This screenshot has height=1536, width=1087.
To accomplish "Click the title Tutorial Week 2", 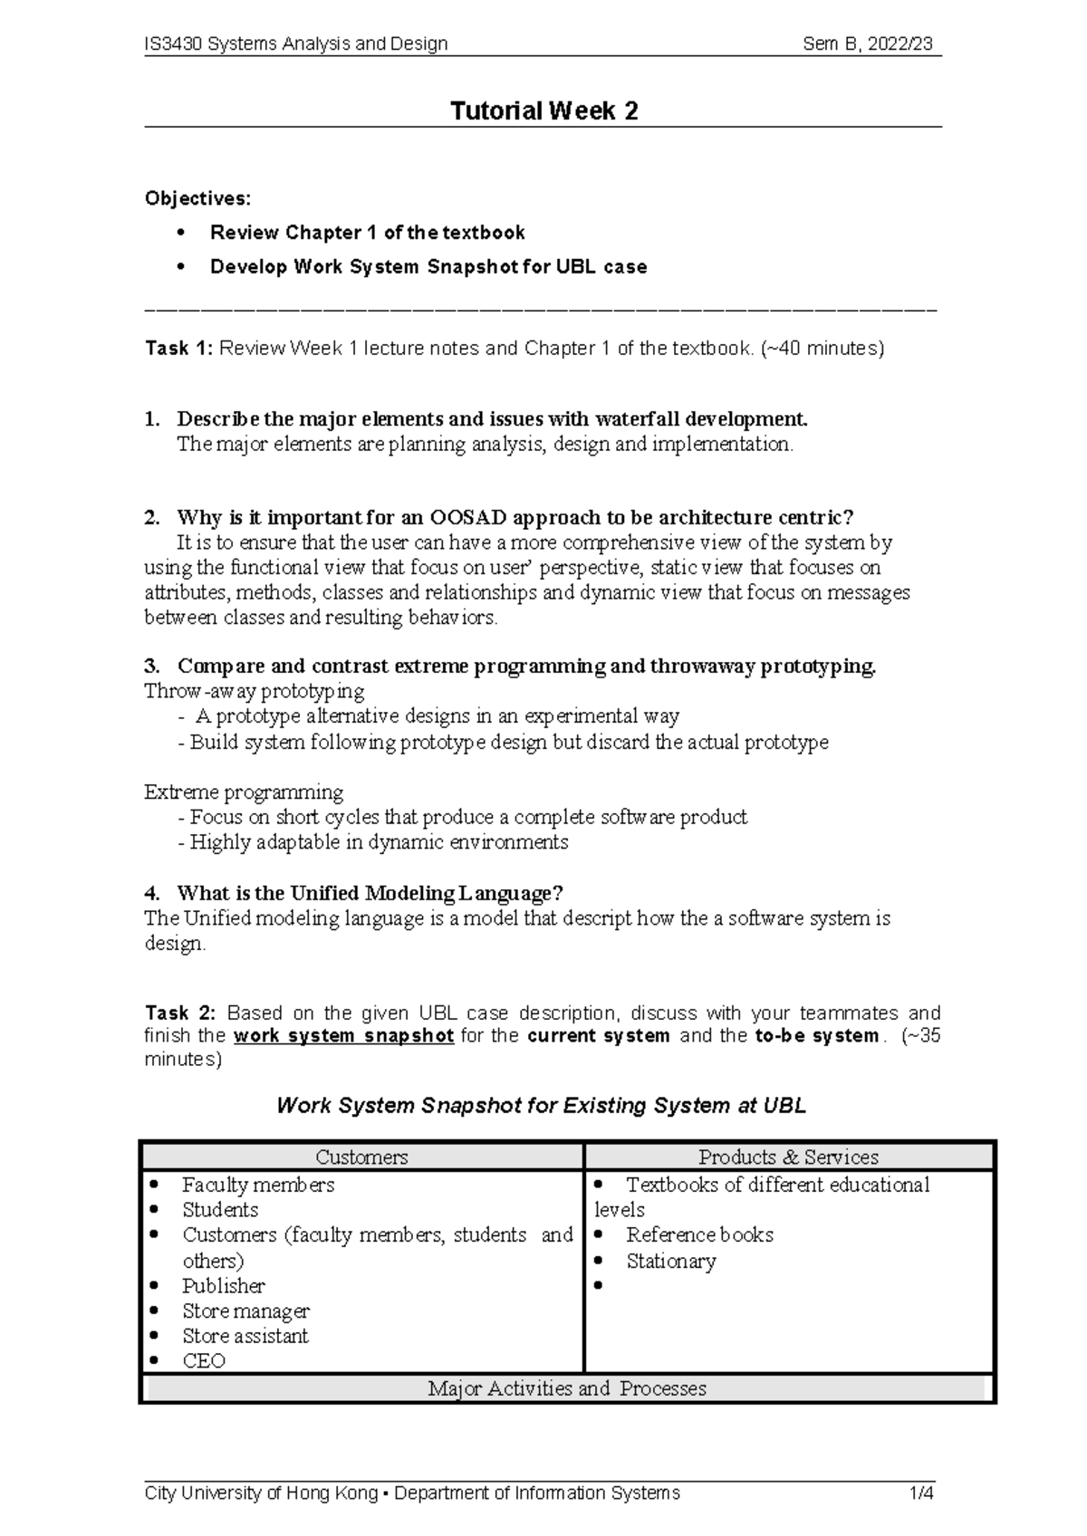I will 544,110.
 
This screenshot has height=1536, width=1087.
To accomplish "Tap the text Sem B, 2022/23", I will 867,43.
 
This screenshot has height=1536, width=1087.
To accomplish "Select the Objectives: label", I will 197,198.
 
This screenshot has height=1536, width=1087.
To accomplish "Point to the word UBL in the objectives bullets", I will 574,267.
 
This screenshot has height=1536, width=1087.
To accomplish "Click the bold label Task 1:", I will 178,348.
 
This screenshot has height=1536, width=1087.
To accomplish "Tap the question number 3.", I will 150,667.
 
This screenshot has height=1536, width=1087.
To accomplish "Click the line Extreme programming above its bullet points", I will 244,792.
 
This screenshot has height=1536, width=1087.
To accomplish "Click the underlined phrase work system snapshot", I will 343,1036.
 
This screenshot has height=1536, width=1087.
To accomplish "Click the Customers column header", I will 361,1157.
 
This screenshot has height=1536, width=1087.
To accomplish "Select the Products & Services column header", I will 788,1157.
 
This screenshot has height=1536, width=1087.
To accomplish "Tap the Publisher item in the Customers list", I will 223,1286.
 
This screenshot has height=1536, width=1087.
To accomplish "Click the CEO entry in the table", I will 203,1361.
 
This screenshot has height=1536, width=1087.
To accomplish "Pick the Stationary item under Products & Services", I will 670,1262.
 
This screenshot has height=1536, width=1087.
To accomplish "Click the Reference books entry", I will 699,1235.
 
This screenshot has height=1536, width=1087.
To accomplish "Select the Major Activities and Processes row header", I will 566,1388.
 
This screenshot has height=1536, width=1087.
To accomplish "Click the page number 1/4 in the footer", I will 921,1493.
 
